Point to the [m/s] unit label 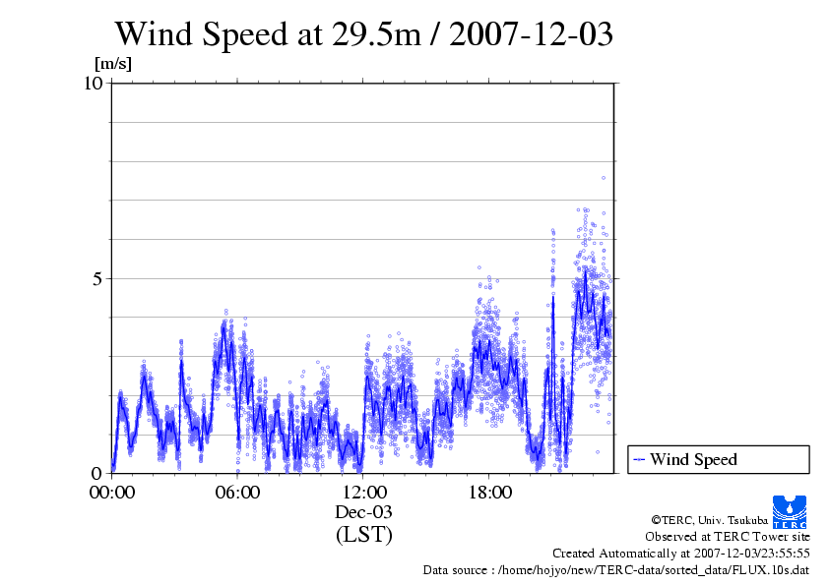point(112,65)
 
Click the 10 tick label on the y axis point(94,84)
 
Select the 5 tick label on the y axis point(98,278)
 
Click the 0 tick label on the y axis point(98,472)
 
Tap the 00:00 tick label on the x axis point(112,492)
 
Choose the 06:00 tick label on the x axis point(237,492)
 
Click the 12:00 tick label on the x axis point(363,492)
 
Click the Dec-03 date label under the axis point(363,512)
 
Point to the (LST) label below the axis point(363,535)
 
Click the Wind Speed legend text point(692,459)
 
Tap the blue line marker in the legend point(639,459)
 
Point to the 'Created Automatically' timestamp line point(680,554)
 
